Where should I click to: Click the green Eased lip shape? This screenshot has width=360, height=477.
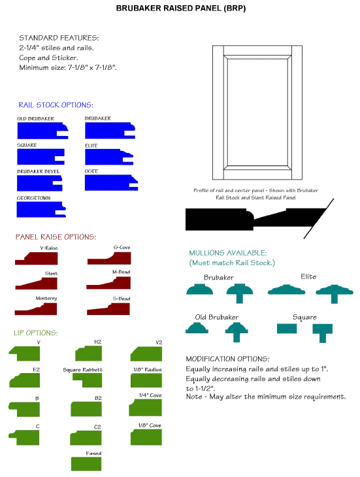[86, 464]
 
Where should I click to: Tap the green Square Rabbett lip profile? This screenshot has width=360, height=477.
[88, 380]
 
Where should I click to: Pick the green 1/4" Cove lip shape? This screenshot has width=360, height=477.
[146, 408]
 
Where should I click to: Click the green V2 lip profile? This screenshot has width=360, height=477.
[146, 354]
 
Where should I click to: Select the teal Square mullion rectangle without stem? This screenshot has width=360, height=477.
[287, 329]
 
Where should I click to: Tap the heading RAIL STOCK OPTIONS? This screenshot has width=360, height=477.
[56, 105]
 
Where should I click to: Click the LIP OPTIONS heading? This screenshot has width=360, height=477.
[36, 333]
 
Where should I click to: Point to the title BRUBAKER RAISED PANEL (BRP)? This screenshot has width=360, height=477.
[181, 8]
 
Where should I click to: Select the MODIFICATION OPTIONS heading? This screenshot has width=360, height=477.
[227, 359]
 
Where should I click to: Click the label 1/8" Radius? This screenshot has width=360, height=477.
[148, 369]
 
